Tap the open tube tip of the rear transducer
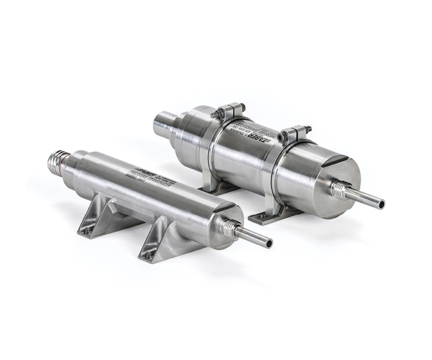pyautogui.click(x=381, y=204)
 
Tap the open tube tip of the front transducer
pyautogui.click(x=269, y=243)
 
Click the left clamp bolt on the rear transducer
pyautogui.click(x=216, y=114)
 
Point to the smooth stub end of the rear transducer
pyautogui.click(x=163, y=123)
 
